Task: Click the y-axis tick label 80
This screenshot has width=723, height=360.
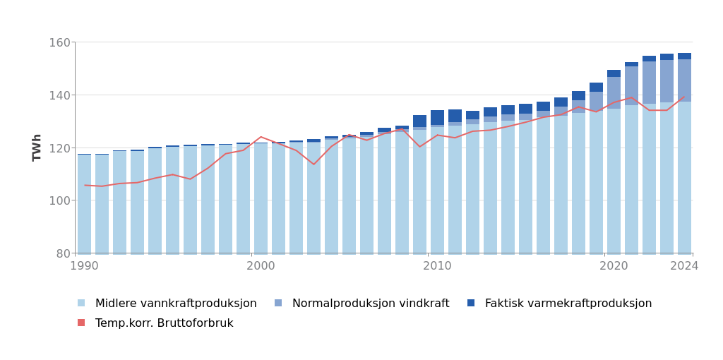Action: click(x=62, y=253)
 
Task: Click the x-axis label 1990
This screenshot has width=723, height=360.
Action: click(x=85, y=266)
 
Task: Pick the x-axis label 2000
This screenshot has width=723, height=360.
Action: click(x=261, y=266)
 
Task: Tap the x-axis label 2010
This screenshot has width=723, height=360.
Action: click(x=437, y=266)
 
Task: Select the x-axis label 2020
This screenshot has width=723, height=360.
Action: click(x=614, y=266)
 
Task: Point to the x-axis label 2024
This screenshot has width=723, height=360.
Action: click(x=684, y=266)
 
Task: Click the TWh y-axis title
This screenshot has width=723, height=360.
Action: click(x=37, y=148)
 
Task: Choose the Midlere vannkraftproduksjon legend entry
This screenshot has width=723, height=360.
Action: click(x=175, y=304)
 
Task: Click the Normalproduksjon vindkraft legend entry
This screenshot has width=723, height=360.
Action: click(x=370, y=304)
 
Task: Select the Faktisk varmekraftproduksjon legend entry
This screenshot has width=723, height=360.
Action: click(x=568, y=304)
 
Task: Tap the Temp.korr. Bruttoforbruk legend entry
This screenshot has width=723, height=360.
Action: click(x=164, y=323)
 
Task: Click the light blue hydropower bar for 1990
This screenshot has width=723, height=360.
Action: click(x=85, y=204)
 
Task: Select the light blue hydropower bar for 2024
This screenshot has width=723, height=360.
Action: click(x=684, y=177)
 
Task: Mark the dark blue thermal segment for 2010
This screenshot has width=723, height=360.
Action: click(x=437, y=118)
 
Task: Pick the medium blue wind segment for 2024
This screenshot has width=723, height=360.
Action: click(x=684, y=80)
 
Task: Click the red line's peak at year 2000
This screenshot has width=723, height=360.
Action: click(x=261, y=137)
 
